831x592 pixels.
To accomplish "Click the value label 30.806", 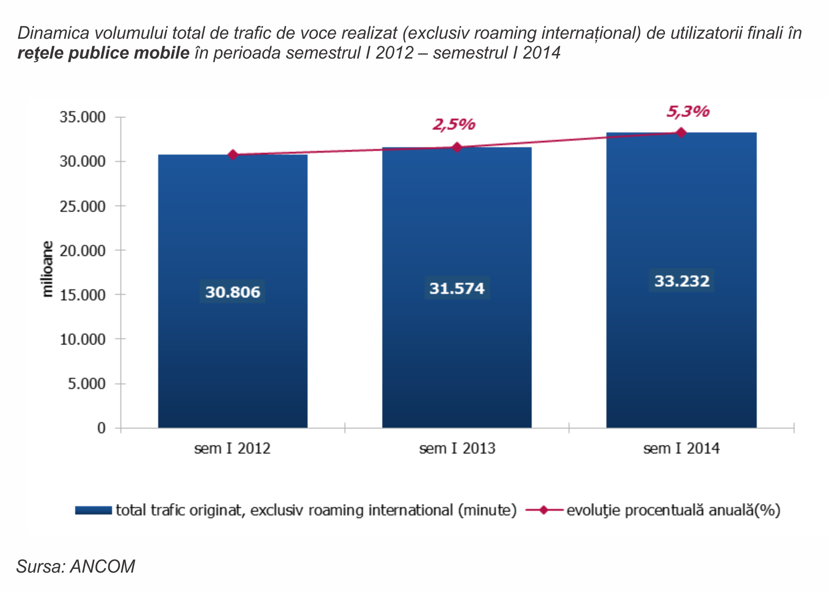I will [x=232, y=292].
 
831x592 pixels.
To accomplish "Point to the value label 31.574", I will [x=457, y=288].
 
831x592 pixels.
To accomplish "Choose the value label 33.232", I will [x=682, y=281].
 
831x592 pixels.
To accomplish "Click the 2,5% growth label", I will [x=454, y=125].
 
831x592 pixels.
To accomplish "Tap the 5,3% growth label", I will [x=688, y=112].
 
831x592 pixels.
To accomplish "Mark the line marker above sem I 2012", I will [x=233, y=155].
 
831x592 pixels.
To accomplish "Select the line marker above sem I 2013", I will [x=457, y=148].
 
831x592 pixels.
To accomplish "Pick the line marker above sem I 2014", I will [x=681, y=133].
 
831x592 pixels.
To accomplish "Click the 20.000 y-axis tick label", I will [x=83, y=251].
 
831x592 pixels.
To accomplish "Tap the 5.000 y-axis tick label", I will [x=87, y=384].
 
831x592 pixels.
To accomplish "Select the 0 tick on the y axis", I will [x=101, y=428].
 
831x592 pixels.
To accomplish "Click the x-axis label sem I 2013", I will [x=457, y=448].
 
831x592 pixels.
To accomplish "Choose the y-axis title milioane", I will [x=47, y=269].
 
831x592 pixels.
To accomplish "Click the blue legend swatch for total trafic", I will [x=94, y=510].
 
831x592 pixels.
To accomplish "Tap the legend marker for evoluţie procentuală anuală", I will [x=544, y=510].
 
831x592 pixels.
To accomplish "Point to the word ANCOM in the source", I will [x=102, y=567].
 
